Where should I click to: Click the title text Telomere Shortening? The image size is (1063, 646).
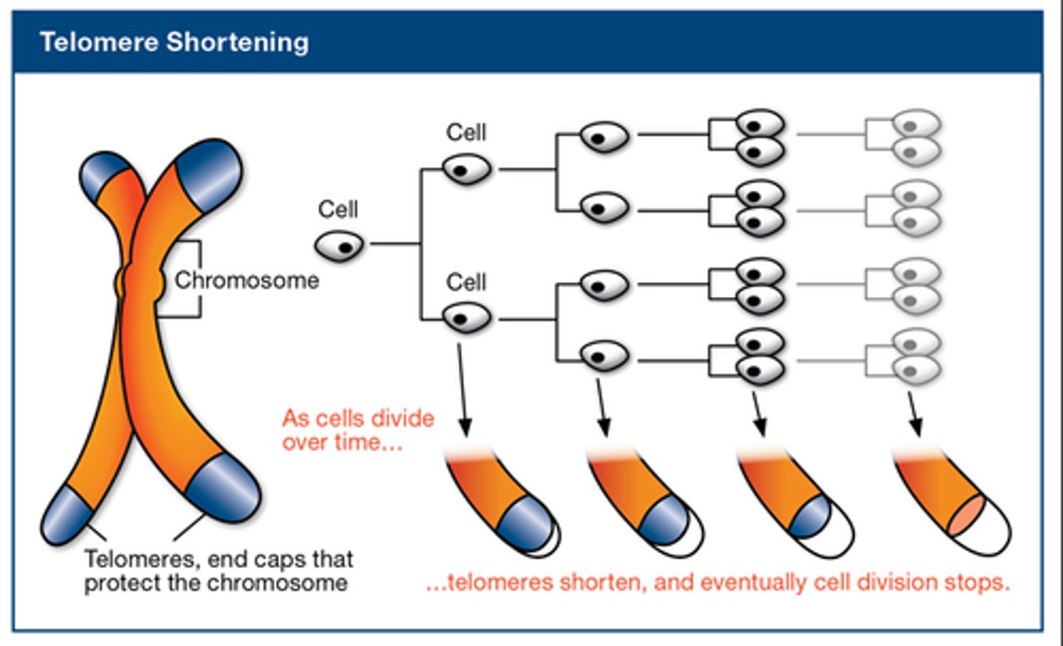[174, 42]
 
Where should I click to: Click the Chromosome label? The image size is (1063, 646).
[247, 281]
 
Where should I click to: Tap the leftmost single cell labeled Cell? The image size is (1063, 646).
[340, 246]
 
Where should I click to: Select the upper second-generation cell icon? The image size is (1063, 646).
[467, 170]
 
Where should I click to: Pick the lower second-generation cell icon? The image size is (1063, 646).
[467, 319]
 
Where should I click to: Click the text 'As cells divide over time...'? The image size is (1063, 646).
[357, 430]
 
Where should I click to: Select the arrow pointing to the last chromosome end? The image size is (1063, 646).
[914, 414]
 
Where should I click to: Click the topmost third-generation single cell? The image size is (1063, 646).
[604, 137]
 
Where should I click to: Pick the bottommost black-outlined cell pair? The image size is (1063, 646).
[760, 357]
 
